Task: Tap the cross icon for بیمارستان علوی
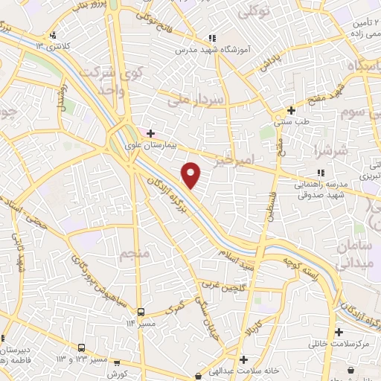coord(150,133)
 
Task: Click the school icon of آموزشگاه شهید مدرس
coord(212,37)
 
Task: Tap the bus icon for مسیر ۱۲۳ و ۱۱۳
coord(81,348)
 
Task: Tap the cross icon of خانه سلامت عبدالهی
coord(244,360)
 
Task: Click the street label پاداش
coord(269,64)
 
